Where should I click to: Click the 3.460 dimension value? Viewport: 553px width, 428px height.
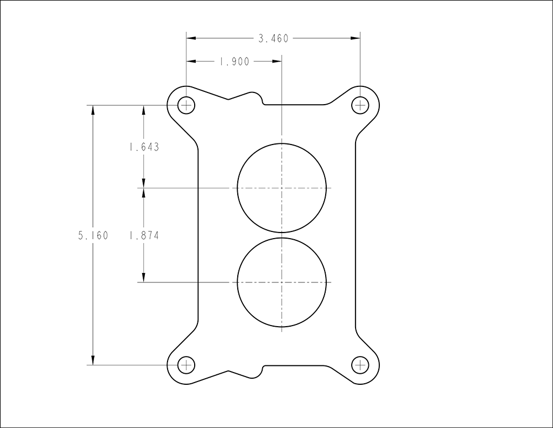pos(273,39)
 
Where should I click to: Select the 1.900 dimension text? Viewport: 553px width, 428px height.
pos(234,62)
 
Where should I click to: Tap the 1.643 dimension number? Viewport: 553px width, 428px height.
pos(144,147)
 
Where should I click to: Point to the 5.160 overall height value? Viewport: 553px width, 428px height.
pos(93,235)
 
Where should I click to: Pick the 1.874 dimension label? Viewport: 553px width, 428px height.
pos(144,235)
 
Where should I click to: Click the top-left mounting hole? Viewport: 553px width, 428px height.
pos(186,105)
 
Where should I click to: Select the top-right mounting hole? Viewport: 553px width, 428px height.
pos(360,105)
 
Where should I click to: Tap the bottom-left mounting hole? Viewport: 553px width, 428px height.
pos(186,365)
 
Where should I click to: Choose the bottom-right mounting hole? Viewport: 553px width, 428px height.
pos(360,365)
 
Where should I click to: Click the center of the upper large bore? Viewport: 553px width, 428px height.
pos(282,188)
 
